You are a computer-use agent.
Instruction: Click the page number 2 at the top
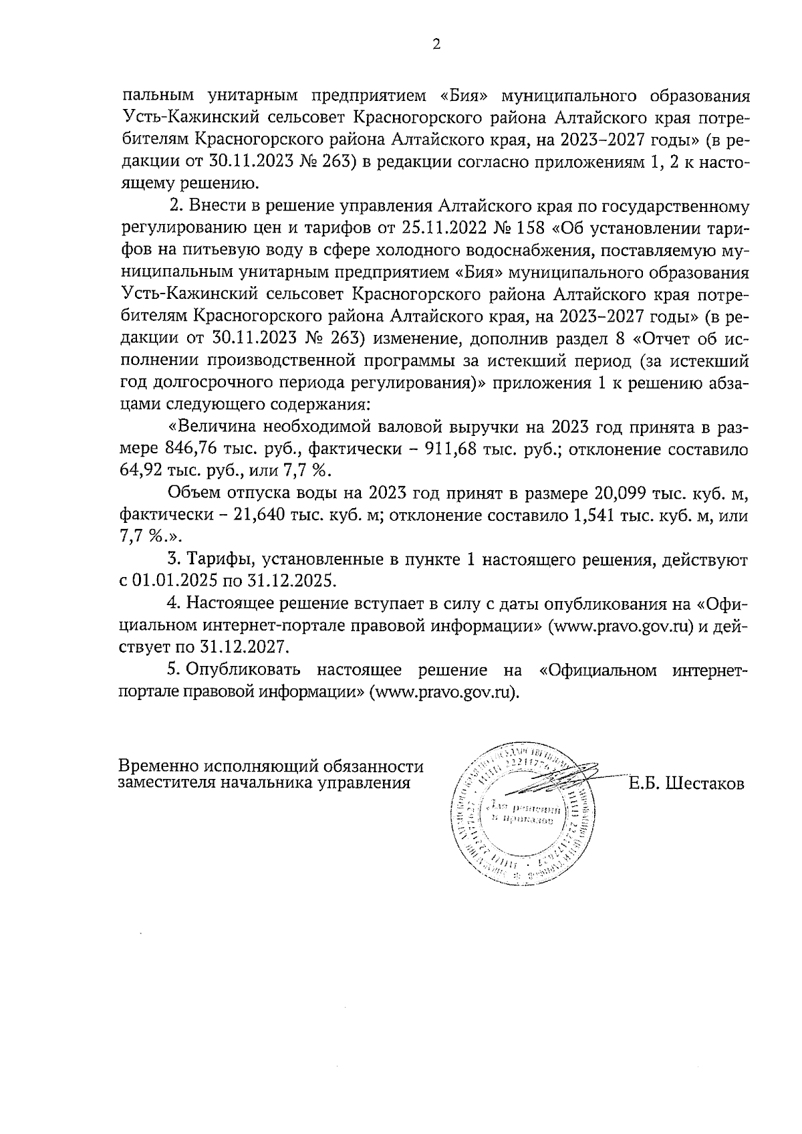(x=436, y=45)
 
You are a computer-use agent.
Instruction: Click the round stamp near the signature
(x=522, y=814)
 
